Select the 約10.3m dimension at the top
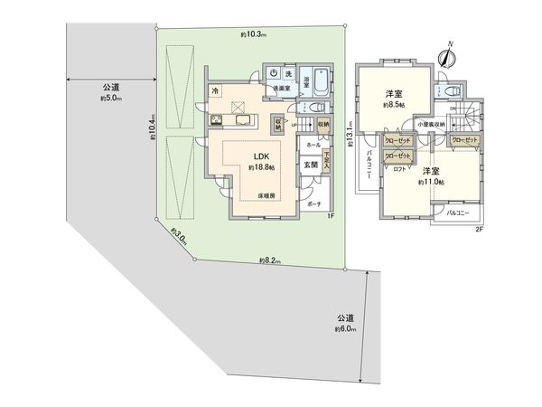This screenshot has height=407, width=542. [x=251, y=34]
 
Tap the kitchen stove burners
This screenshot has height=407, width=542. [x=217, y=121]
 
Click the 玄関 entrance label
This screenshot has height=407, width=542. [x=310, y=165]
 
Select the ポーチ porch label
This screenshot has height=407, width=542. [x=314, y=204]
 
